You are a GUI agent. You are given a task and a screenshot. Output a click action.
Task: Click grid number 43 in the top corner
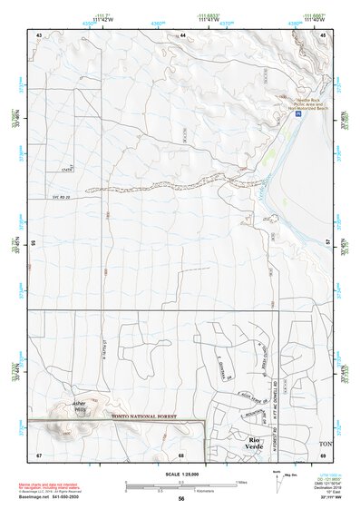pyautogui.click(x=39, y=34)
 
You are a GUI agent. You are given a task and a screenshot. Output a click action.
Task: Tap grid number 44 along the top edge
pyautogui.click(x=182, y=34)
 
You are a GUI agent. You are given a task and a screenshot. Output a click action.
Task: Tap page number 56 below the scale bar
pyautogui.click(x=181, y=498)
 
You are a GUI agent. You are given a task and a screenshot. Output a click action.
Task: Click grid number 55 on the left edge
pyautogui.click(x=33, y=244)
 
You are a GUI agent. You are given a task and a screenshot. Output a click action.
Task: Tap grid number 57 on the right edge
pyautogui.click(x=330, y=244)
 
